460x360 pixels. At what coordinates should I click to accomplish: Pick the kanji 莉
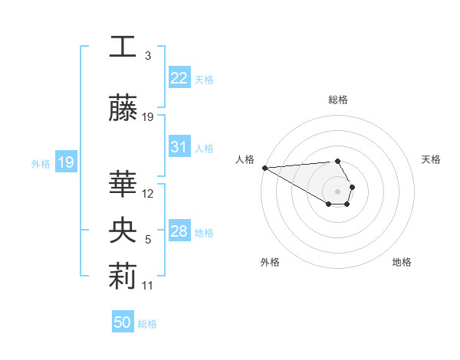tap(123, 276)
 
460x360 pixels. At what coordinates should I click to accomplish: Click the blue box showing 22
tap(179, 78)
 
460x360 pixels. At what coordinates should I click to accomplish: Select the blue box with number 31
tap(179, 147)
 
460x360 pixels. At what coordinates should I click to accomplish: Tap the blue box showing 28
tap(179, 231)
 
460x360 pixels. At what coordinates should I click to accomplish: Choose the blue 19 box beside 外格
tap(65, 162)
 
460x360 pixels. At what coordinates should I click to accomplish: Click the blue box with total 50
tap(123, 322)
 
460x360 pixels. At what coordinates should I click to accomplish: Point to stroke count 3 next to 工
tap(148, 56)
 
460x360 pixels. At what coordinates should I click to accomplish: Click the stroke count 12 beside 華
tap(148, 194)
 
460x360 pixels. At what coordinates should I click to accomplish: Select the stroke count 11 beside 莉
tap(148, 286)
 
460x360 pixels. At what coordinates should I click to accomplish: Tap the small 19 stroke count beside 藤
tap(148, 117)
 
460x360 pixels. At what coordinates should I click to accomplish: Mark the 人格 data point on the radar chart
tap(264, 168)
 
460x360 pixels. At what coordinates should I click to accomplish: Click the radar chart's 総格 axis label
tap(338, 100)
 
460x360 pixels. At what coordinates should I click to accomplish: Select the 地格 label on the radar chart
tap(402, 262)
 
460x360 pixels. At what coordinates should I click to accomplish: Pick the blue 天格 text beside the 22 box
tap(204, 79)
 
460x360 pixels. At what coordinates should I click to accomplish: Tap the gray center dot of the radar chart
tap(338, 191)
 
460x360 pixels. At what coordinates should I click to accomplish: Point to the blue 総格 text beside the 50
tap(147, 324)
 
